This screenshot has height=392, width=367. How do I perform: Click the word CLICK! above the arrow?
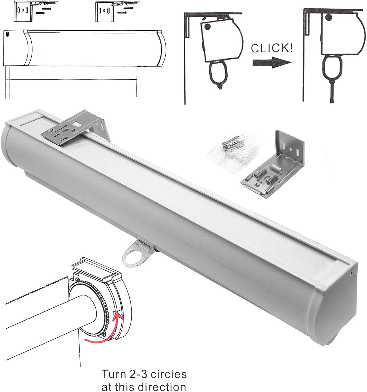tap(272, 48)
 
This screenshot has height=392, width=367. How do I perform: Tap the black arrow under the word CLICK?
tap(272, 62)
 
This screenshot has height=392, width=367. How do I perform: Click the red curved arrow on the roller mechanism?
tap(104, 326)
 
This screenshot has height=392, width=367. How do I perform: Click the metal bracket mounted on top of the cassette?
tap(75, 128)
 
